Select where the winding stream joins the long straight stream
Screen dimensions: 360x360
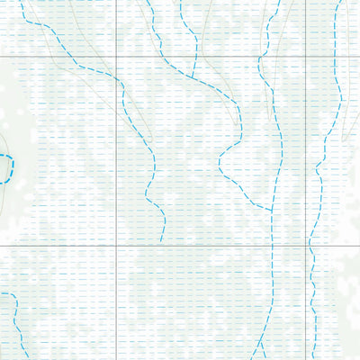pyautogui.click(x=273, y=210)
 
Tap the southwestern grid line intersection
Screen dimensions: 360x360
pyautogui.click(x=116, y=245)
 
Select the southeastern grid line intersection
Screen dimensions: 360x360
pyautogui.click(x=306, y=245)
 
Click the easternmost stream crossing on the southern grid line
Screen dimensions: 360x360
pyautogui.click(x=309, y=245)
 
